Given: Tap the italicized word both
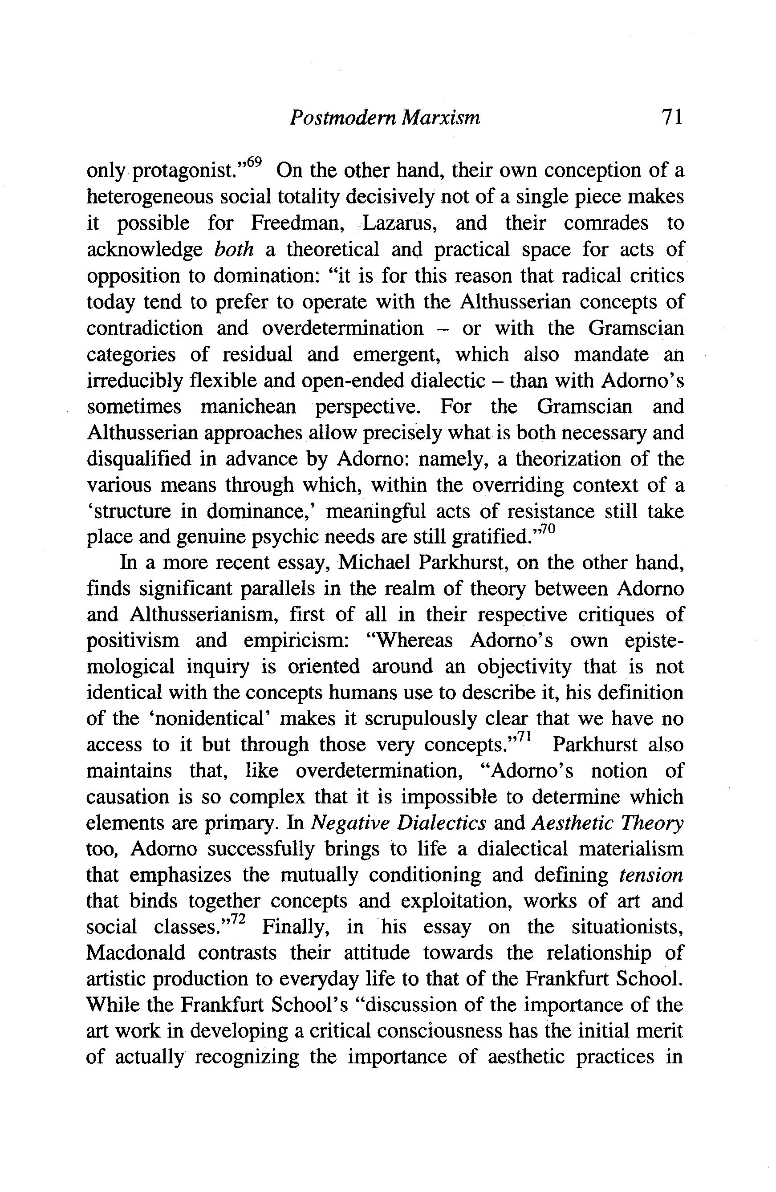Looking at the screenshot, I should [x=233, y=249].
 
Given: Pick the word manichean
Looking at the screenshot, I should [x=248, y=406].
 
